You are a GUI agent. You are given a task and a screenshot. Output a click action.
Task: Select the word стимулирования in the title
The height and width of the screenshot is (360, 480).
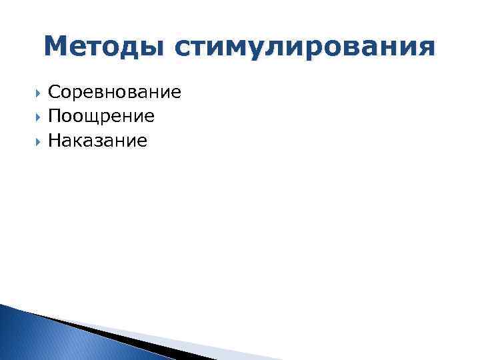point(305,48)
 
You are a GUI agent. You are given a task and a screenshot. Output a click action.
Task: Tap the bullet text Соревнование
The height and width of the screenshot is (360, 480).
point(115,92)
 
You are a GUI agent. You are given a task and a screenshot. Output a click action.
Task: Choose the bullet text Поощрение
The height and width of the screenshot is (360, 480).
point(101,116)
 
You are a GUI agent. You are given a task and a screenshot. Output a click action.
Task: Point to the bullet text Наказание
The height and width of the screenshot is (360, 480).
point(98,140)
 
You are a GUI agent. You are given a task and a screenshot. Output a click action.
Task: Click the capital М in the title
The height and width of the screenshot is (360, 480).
point(57,47)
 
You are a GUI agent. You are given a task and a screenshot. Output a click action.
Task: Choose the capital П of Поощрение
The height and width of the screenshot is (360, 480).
point(55,116)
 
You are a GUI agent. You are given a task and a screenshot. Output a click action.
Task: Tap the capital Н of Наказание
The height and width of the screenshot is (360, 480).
point(55,140)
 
